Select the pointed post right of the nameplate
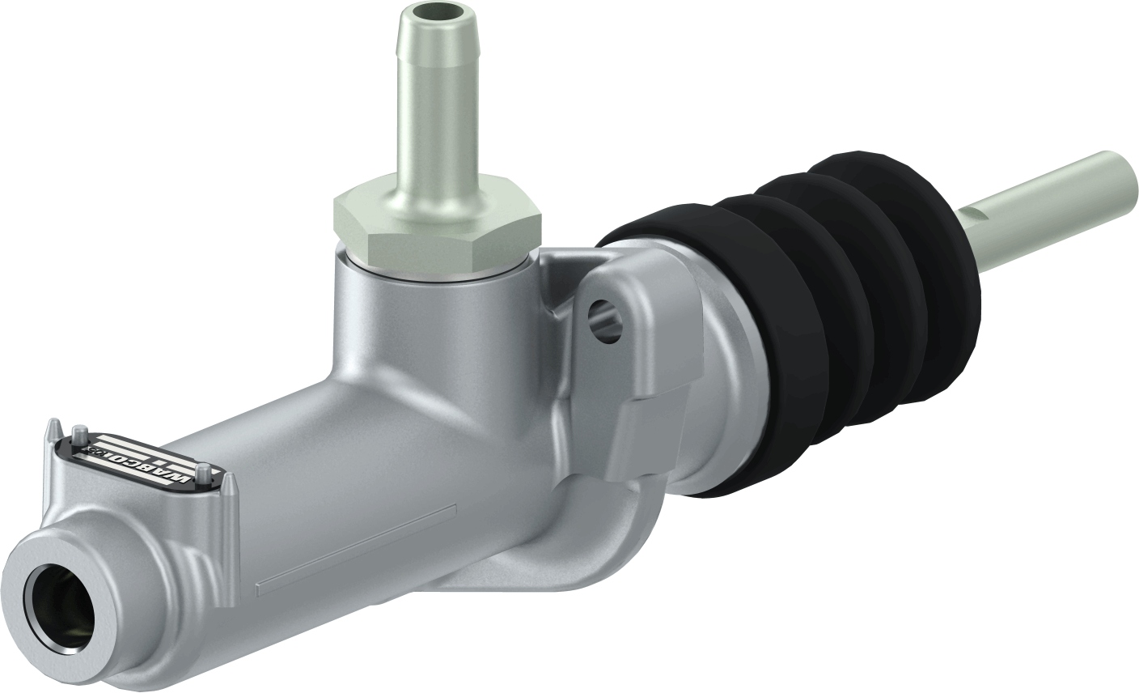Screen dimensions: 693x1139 (x=229, y=486)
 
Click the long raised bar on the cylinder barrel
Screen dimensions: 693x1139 (x=356, y=551)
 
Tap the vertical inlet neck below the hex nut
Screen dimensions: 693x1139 (x=421, y=324)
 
